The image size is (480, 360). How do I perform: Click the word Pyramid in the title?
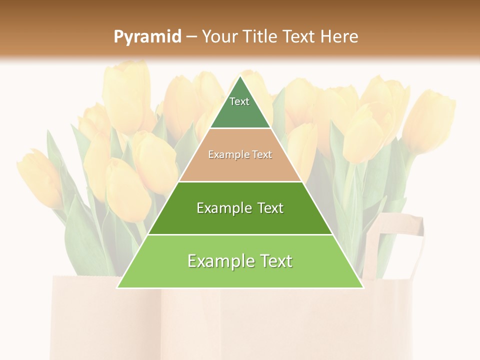[147, 37]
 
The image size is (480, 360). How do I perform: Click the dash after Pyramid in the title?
[191, 37]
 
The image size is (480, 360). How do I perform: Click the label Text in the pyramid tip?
[239, 101]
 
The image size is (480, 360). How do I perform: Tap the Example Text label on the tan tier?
[240, 154]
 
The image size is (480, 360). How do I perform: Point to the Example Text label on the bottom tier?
[240, 261]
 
